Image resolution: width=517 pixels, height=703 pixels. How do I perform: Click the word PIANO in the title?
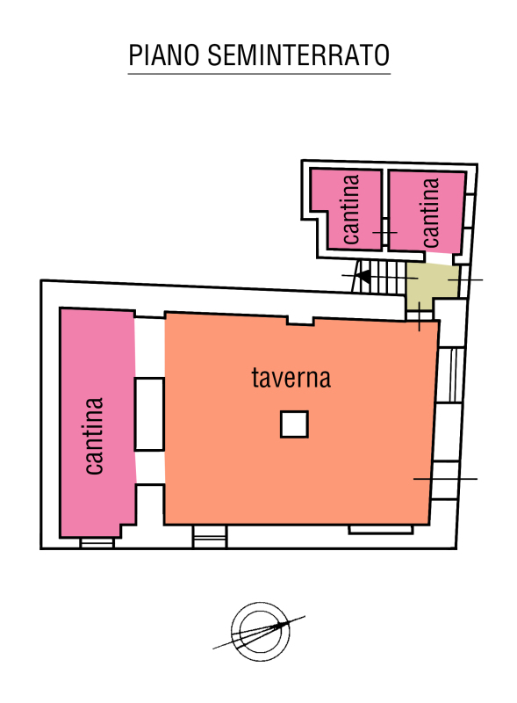coord(163,55)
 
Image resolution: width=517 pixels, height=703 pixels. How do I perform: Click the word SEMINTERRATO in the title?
coord(298,55)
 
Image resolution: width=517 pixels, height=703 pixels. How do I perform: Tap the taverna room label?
coord(291,378)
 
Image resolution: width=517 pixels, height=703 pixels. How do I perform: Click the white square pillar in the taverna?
coord(294,424)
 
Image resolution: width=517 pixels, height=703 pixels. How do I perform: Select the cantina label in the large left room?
coord(95,435)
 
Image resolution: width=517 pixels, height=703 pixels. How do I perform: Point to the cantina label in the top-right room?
coord(430,213)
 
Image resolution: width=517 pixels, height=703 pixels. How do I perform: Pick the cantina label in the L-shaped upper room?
coord(351,209)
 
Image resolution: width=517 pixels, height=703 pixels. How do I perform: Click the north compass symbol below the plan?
coord(260,632)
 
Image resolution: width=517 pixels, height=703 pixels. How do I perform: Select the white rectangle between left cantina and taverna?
coord(149,414)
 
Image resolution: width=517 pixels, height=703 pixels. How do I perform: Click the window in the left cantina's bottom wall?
coord(97,542)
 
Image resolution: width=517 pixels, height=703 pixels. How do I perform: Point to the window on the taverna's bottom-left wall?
coord(210,536)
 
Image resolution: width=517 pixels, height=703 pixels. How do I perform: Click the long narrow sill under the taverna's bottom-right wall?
coord(380,530)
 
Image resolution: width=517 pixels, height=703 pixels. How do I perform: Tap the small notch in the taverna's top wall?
coord(300,320)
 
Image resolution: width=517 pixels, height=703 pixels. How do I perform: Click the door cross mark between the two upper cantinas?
coord(384,232)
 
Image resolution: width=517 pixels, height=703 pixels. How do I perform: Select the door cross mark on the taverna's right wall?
coord(445,479)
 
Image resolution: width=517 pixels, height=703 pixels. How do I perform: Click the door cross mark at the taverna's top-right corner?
coord(420,316)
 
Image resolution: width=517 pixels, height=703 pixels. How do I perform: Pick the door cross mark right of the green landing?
coord(465,279)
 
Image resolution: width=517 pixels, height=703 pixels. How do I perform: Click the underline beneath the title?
coord(260,73)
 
